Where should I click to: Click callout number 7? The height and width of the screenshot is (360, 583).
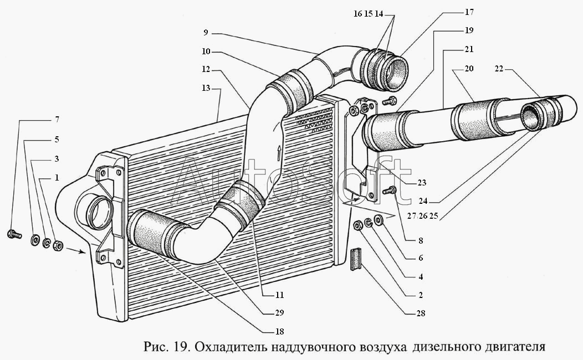pos(57,120)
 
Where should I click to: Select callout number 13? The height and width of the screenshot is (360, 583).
pos(206,88)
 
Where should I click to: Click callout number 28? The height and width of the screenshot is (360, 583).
pos(421,313)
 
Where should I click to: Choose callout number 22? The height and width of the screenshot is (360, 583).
pos(499,69)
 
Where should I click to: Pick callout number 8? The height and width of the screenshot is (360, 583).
pos(421,241)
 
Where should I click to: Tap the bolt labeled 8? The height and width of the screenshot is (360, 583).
pos(390,191)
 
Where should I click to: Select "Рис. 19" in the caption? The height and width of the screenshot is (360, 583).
pos(165,347)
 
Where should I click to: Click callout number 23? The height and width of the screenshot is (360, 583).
pos(421,182)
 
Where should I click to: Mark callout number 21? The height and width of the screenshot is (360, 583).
pos(469,49)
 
